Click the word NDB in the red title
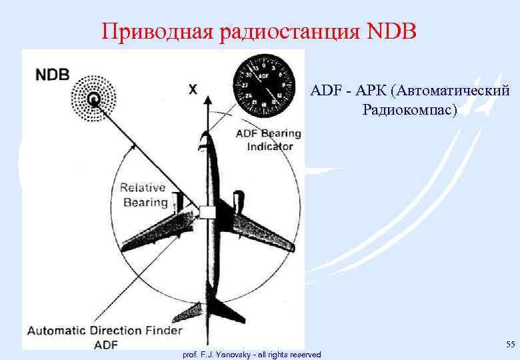[x=391, y=31]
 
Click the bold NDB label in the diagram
[x=52, y=73]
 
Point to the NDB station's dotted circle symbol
[x=94, y=100]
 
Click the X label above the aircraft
[x=193, y=89]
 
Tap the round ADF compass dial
[x=265, y=84]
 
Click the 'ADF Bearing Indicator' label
[x=269, y=139]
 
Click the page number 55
[x=510, y=344]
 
